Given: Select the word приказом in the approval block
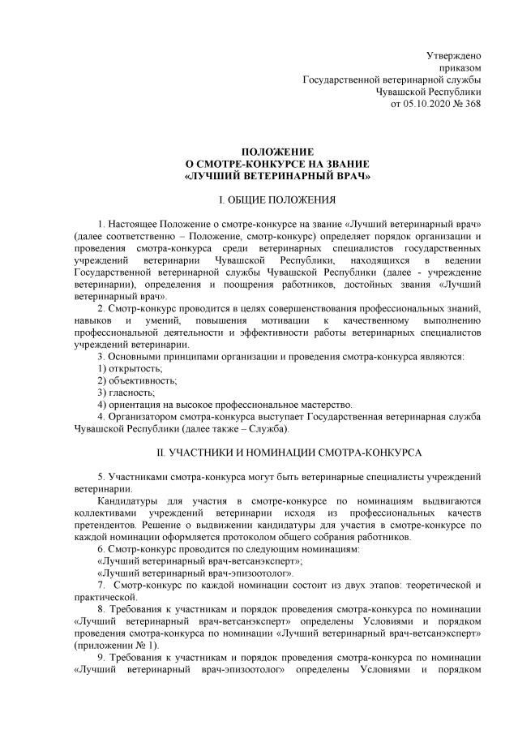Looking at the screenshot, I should pyautogui.click(x=460, y=68).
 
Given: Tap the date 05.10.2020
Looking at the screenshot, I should pyautogui.click(x=428, y=105).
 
